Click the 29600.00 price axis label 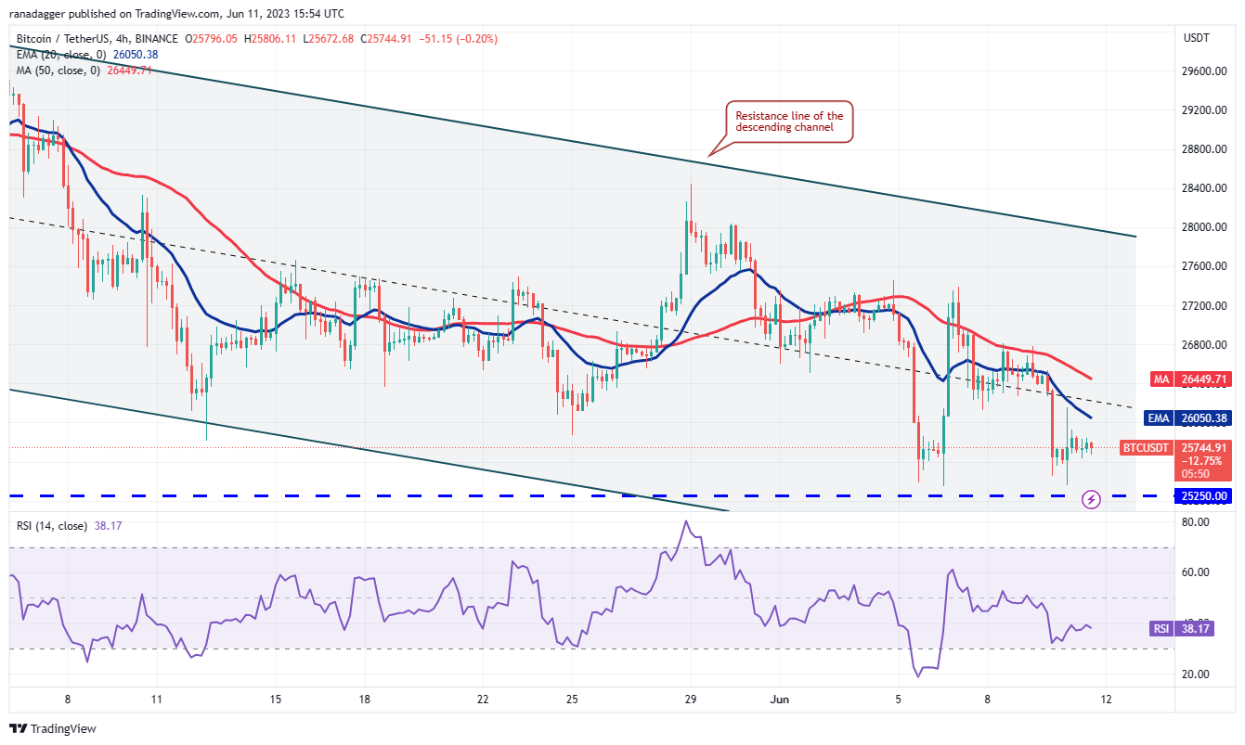coord(1205,71)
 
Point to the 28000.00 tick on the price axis coord(1205,227)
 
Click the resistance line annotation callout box coord(789,122)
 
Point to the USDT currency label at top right coord(1196,37)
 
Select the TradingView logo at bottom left coord(53,729)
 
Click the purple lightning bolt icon coord(1092,499)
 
